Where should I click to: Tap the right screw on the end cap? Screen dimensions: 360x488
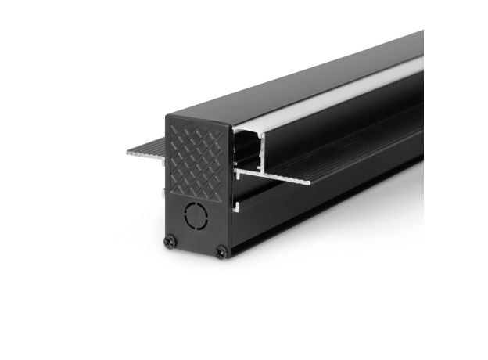221,251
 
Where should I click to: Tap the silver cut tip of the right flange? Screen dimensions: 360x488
307,182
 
